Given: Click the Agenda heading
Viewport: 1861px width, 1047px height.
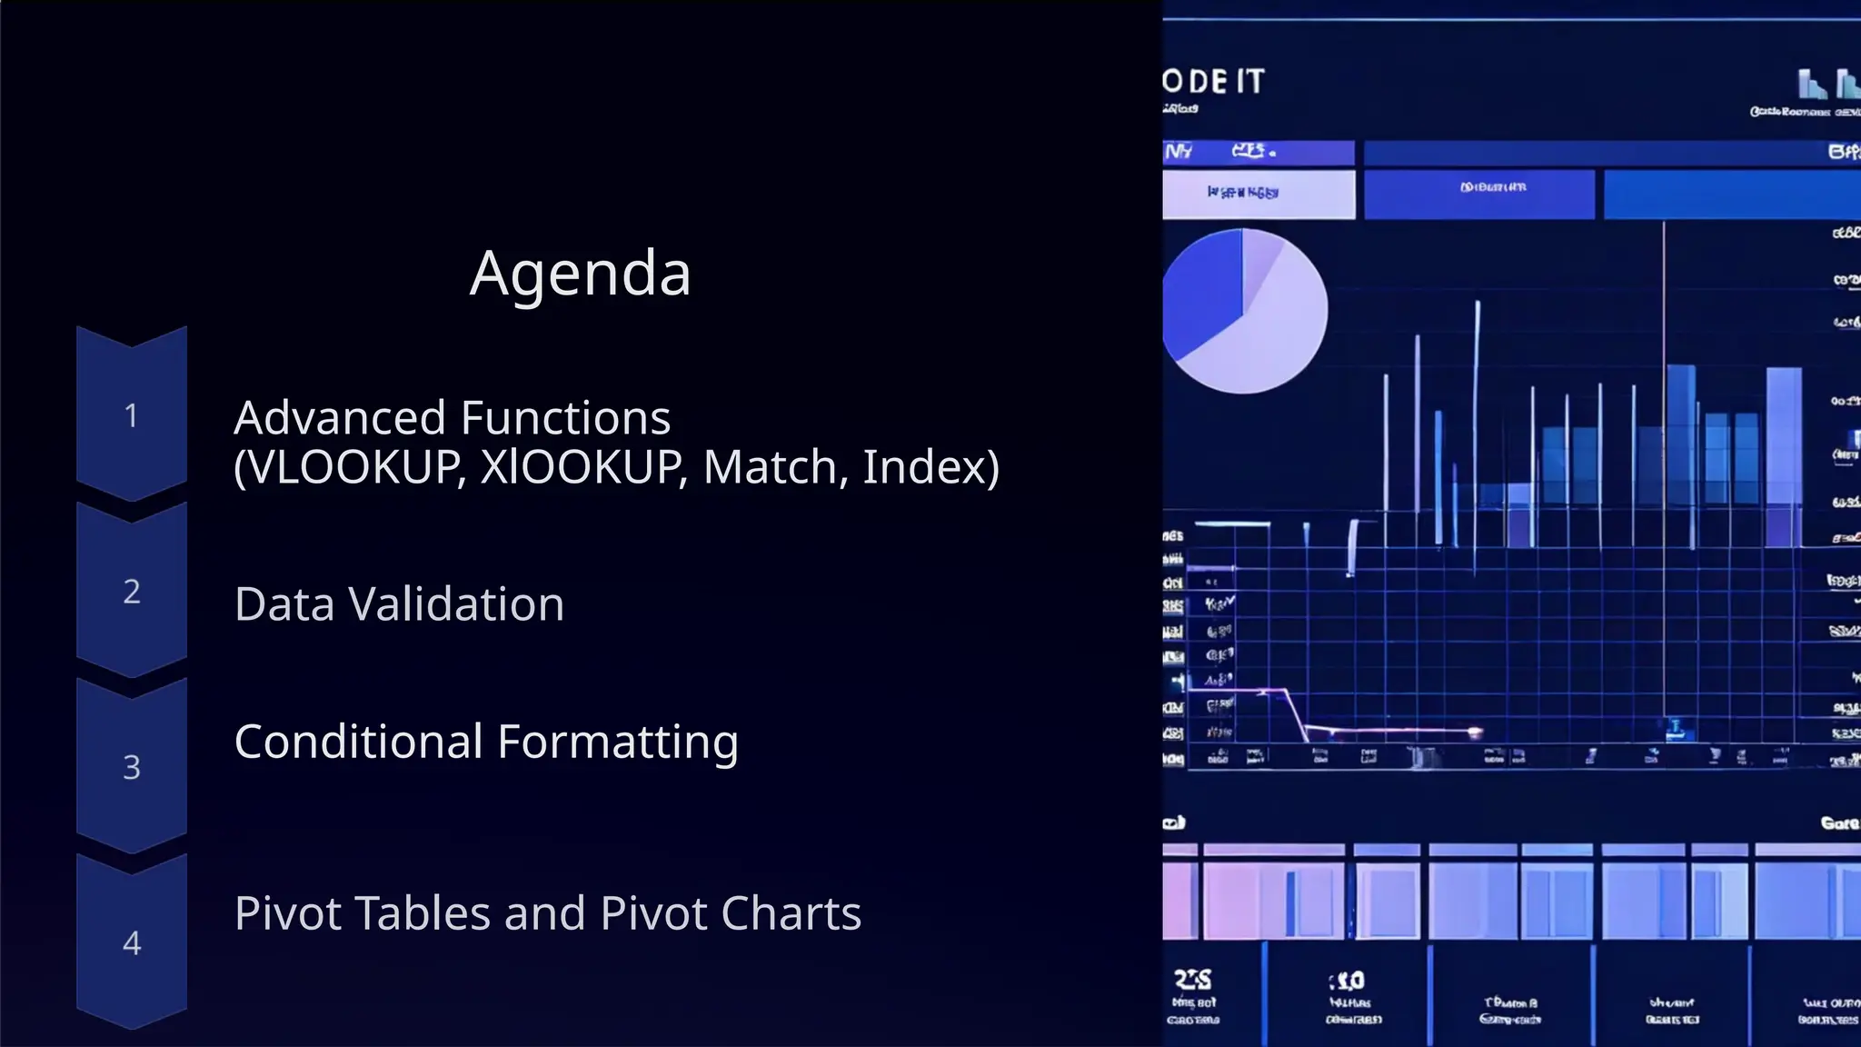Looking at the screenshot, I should pos(581,274).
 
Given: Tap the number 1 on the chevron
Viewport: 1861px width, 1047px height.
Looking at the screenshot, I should pos(132,416).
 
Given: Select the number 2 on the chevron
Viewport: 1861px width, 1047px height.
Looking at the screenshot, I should pos(132,592).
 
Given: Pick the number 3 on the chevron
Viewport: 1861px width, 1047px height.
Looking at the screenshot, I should pos(132,768).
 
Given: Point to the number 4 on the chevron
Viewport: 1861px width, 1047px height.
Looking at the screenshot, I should pos(132,943).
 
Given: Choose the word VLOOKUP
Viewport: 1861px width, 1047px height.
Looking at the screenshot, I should pos(351,468).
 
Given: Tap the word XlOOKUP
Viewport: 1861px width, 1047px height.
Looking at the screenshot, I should pos(582,468).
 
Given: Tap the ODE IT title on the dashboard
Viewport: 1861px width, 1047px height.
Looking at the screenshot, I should pos(1214,82).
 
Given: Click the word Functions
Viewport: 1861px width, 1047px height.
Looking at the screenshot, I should pos(565,419).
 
